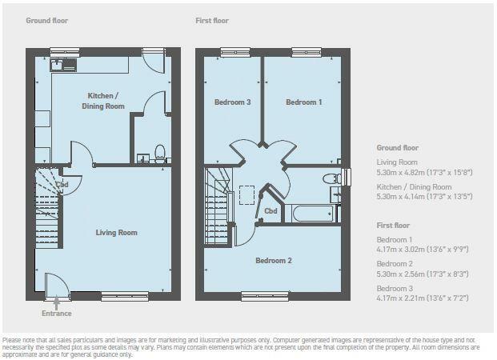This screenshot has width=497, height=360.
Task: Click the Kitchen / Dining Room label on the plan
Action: [x=106, y=100]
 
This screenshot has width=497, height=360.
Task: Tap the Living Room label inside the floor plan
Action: [x=117, y=233]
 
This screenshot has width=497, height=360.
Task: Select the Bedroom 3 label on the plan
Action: [x=232, y=102]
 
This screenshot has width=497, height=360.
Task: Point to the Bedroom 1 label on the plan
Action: [x=304, y=102]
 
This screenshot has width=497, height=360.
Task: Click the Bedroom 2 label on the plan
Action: [x=273, y=261]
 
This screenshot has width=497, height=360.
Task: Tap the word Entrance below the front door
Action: [x=56, y=314]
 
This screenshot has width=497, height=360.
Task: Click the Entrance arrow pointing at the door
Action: [x=56, y=303]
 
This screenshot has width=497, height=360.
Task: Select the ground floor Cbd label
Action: [x=62, y=185]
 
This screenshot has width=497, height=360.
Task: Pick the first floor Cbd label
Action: [x=271, y=210]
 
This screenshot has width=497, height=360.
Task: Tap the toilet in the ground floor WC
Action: [x=158, y=151]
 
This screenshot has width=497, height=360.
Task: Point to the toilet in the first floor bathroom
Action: [x=328, y=178]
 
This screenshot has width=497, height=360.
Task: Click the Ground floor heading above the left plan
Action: [x=46, y=19]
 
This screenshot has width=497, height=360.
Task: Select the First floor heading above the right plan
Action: [x=213, y=19]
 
